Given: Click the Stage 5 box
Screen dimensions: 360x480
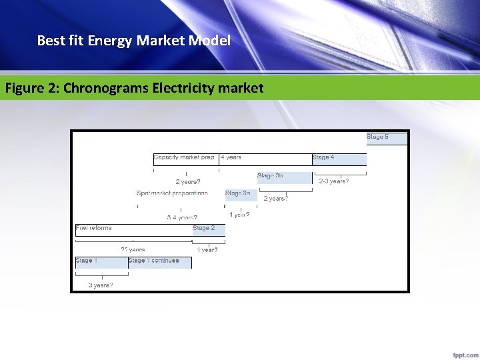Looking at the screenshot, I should click(x=387, y=138).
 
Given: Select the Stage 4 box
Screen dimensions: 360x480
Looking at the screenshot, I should click(x=339, y=159).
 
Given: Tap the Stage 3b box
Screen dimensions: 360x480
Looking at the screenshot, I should click(x=284, y=177).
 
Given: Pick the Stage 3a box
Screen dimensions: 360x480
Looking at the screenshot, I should click(x=241, y=195).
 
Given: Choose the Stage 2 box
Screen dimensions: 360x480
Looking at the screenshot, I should click(x=208, y=230).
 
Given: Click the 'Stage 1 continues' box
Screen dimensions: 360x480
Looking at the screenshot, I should click(x=159, y=262).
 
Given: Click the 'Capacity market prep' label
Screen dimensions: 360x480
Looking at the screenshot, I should click(x=184, y=157).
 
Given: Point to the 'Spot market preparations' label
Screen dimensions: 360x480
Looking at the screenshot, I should click(x=172, y=193).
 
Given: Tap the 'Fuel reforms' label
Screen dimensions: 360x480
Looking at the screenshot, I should click(x=94, y=228).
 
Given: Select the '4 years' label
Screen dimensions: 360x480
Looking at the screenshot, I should click(x=231, y=157).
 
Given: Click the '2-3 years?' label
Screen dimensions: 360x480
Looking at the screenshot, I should click(x=334, y=181).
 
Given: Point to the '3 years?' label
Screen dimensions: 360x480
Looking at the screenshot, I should click(x=101, y=285).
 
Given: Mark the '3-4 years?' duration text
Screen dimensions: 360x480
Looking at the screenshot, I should click(x=182, y=217).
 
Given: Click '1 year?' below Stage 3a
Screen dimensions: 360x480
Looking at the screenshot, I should click(x=239, y=215).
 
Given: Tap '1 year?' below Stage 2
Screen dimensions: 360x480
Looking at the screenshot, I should click(x=207, y=250).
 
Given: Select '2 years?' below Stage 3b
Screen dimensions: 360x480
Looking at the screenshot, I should click(x=276, y=199).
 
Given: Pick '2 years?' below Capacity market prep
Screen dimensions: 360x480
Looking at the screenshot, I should click(x=188, y=181).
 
